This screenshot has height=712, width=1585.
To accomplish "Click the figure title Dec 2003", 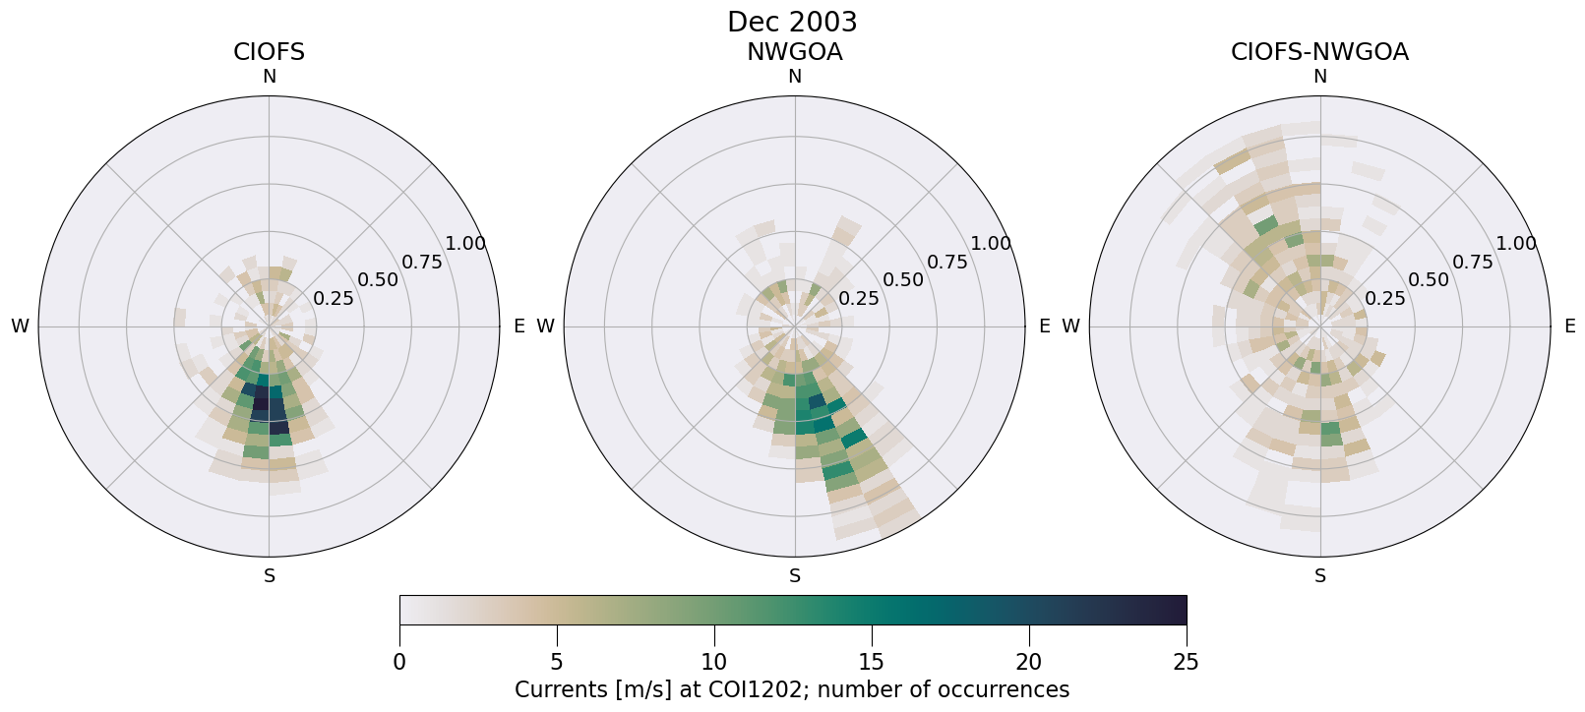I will coord(792,22).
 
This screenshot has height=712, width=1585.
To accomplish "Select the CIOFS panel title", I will coord(269,52).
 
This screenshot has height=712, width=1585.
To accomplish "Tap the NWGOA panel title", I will coord(794,52).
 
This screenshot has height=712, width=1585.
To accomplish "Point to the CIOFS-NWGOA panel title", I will coord(1319,52).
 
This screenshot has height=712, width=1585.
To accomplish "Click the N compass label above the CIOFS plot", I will coord(269,77).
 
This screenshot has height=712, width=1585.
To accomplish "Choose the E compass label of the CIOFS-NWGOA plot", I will coord(1570,326).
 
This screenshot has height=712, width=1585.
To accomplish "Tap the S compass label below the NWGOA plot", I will coord(794,576).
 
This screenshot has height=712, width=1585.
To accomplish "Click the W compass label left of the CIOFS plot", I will coord(20,326).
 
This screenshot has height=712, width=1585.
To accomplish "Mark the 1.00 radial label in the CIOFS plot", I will coord(465,244).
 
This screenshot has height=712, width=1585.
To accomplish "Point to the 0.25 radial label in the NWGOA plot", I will coord(859,298).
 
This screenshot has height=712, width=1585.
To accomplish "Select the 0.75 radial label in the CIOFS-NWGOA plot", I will coord(1473,262).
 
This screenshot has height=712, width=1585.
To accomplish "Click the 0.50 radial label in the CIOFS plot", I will coord(378,279).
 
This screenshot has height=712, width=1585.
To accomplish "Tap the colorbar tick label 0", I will coord(399,662).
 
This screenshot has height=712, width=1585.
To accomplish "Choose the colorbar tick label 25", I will coord(1187,662).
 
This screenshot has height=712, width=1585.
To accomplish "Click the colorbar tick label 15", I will coord(872,662).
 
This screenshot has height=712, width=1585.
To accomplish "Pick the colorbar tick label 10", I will coord(714,662).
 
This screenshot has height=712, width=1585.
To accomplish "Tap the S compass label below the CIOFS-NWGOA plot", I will coord(1319,576).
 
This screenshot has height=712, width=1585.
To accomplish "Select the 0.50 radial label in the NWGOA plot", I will coord(903,279).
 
